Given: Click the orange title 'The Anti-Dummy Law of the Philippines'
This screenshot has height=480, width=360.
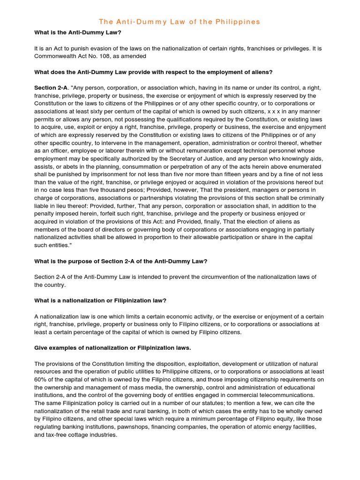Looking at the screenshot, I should click(x=180, y=22).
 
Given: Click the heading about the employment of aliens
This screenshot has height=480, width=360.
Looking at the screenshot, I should click(x=153, y=72).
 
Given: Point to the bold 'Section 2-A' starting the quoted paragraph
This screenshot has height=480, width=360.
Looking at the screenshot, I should click(x=51, y=88).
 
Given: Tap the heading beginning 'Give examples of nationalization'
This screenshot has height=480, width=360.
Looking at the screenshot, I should click(x=112, y=348).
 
